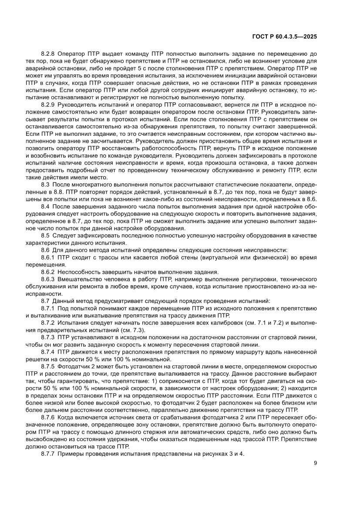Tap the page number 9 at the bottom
point(315,463)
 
